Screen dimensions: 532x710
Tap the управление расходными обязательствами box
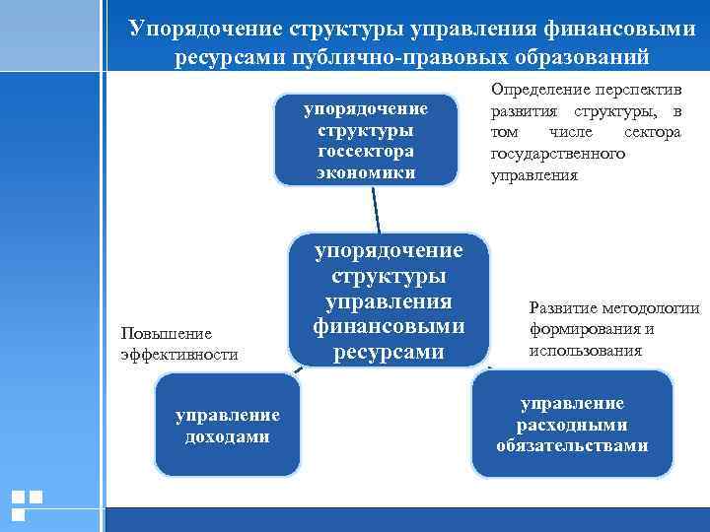tap(572, 425)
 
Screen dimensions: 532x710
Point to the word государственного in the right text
tap(558, 155)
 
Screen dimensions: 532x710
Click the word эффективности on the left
tap(178, 354)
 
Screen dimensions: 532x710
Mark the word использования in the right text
tap(586, 351)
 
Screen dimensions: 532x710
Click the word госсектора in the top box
tap(367, 152)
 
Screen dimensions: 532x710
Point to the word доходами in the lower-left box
tap(228, 435)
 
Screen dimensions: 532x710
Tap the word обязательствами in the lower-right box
tap(572, 445)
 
